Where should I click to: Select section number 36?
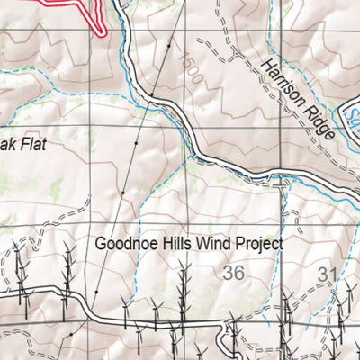click(x=234, y=273)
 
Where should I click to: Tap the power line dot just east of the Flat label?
click(x=136, y=143)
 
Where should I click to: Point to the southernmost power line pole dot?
click(x=72, y=335)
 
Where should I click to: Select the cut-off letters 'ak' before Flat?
click(x=5, y=142)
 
